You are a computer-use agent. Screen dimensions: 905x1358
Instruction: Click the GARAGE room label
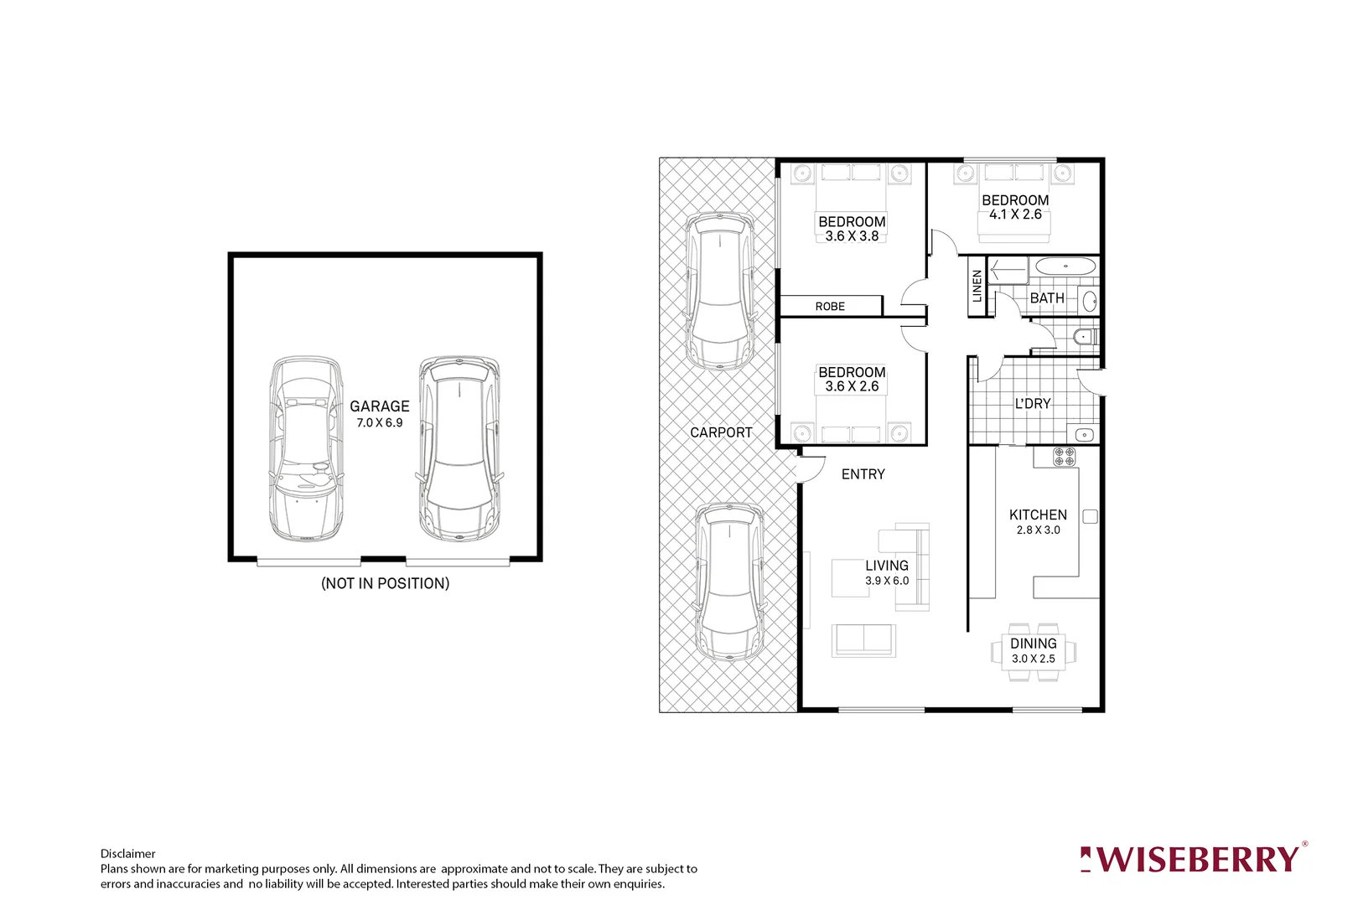point(379,406)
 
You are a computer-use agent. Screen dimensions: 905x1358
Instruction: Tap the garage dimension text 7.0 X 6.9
point(379,423)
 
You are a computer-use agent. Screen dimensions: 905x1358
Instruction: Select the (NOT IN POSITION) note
point(385,583)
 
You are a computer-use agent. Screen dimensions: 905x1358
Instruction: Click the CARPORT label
point(721,432)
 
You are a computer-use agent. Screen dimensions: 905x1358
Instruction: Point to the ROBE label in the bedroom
point(830,307)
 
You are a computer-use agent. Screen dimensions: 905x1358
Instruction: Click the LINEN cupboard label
point(977,286)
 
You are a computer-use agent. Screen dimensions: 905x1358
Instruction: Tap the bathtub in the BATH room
point(1065,267)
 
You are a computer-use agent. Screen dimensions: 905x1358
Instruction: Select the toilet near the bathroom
point(1084,337)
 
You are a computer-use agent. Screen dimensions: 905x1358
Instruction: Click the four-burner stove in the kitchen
point(1064,457)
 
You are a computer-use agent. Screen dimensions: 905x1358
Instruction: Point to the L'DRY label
point(1032,404)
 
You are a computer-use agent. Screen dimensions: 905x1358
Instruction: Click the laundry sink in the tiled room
point(1084,435)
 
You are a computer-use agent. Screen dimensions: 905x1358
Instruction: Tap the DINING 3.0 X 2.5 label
point(1033,650)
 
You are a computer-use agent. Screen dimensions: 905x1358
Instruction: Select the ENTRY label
point(863,474)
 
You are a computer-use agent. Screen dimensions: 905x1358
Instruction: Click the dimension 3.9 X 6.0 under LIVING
point(887,581)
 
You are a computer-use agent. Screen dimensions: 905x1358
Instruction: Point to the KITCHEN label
point(1038,515)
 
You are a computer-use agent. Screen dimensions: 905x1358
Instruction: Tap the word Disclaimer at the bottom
point(127,854)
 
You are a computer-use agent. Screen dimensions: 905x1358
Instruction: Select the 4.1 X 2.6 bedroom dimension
point(1015,215)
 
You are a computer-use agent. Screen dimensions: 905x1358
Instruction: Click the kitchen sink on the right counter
point(1090,516)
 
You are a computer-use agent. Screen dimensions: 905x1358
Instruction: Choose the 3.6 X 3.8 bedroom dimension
point(852,236)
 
